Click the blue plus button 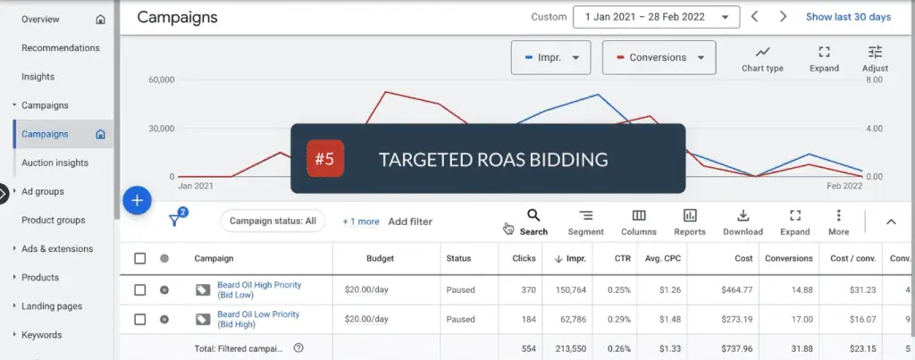pos(137,200)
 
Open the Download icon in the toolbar pos(743,222)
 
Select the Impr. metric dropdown pos(551,57)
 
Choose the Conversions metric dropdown pos(659,57)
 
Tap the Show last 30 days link pos(848,17)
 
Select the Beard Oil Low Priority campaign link pos(258,319)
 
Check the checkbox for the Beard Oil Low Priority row pos(139,319)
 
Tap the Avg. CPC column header pos(660,259)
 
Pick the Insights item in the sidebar pos(38,77)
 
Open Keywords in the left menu pos(42,335)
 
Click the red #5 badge pos(324,159)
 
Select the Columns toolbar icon pos(639,222)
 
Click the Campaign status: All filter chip pos(273,221)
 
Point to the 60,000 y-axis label pos(160,80)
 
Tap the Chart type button pos(762,58)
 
